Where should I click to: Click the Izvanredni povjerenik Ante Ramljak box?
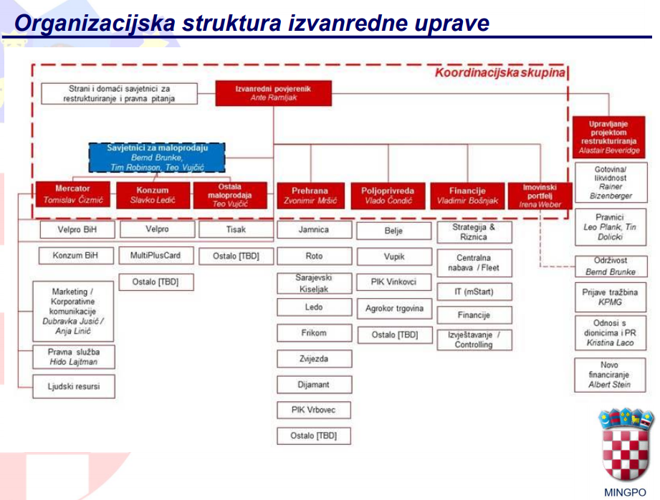273,92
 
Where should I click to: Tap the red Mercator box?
73,195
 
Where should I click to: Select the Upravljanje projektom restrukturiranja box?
608,137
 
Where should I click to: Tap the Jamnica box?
314,230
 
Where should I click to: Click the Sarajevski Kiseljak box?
314,282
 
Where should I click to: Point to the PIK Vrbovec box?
314,410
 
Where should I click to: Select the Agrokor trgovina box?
394,309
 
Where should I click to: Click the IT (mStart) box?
474,292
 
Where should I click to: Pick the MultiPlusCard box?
156,256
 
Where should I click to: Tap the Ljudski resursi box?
75,387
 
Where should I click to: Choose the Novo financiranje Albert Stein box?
610,375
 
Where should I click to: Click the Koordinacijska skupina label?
499,73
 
